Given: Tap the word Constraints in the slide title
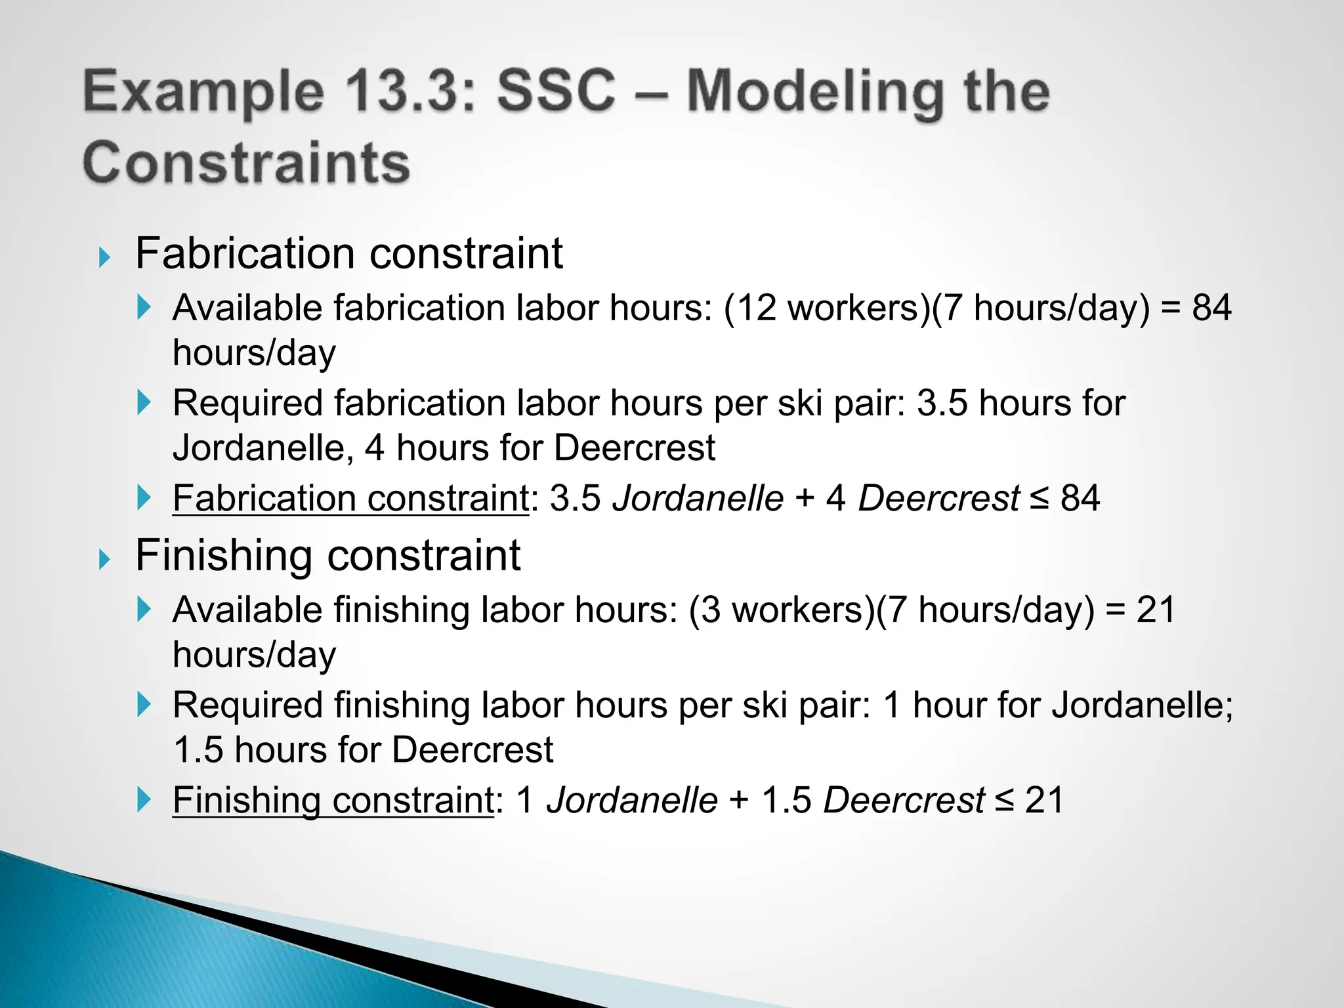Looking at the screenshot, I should tap(246, 162).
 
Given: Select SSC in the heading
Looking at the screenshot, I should tap(556, 92).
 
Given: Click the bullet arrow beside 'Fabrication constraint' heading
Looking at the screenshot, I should tap(104, 257).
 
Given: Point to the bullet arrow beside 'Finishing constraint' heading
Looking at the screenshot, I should tap(104, 560).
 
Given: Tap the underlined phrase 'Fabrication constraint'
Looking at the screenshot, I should tap(350, 498).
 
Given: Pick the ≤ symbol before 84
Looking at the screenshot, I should tap(1039, 499).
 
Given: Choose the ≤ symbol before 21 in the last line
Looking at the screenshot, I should tap(1004, 801).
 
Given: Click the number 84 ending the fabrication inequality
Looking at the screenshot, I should tap(1080, 498).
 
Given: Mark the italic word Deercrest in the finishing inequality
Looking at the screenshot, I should tap(904, 800).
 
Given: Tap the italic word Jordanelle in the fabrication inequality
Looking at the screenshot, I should tap(698, 498).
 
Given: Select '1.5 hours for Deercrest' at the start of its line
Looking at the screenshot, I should tap(363, 749).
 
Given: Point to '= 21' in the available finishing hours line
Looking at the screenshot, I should tap(1140, 610).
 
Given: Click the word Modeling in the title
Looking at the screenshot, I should tap(813, 92).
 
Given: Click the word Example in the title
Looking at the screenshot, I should tap(203, 92).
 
